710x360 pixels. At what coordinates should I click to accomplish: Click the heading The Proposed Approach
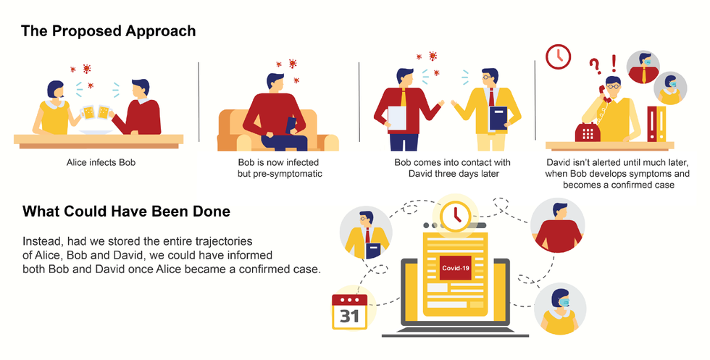108,31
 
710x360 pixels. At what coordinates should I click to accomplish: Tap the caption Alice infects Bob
101,162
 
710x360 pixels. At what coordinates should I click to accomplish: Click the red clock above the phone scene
558,56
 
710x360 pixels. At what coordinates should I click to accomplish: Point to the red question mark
596,66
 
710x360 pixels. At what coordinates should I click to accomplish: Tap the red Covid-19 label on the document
456,268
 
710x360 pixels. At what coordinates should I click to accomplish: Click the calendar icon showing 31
349,311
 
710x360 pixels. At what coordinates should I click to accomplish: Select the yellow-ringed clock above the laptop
455,216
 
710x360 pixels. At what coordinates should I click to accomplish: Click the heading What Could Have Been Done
126,212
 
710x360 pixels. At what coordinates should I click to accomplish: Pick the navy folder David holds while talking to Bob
498,119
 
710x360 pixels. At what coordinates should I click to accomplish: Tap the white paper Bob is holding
397,118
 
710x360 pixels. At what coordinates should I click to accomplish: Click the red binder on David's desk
651,124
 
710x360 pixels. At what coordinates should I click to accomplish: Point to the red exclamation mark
614,64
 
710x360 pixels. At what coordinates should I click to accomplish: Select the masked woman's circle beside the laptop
559,309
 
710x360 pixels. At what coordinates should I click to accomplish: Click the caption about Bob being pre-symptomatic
280,168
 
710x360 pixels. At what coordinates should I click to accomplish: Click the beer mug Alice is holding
88,112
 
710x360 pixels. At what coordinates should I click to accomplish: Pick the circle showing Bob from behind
557,225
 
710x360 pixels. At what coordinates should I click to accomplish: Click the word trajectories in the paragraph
224,241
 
